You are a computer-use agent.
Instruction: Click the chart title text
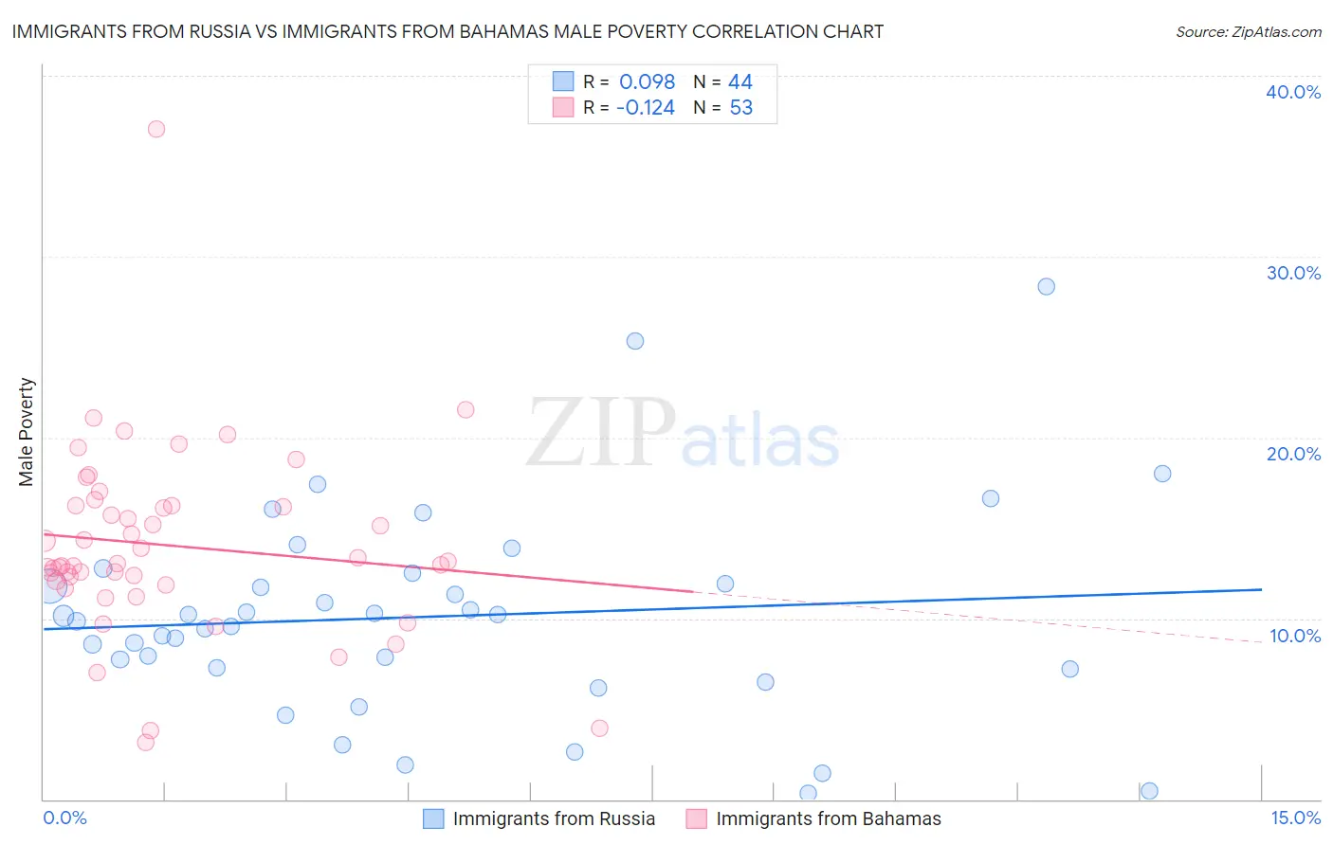click(447, 32)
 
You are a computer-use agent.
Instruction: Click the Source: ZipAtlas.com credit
click(1248, 32)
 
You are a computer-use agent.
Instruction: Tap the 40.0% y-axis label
click(1292, 92)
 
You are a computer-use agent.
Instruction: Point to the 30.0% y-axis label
click(1292, 273)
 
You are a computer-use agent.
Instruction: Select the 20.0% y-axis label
click(1292, 454)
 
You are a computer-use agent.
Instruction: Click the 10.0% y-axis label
click(1294, 636)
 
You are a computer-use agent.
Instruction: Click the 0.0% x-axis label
click(64, 818)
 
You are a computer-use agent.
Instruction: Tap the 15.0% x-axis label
click(1295, 818)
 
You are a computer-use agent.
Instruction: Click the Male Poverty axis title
click(27, 432)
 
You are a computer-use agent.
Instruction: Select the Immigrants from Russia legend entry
click(554, 818)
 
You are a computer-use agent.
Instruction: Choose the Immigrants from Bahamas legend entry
click(828, 818)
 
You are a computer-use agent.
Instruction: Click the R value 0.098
click(647, 82)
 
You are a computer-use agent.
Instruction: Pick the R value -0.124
click(645, 108)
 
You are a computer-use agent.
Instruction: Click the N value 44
click(740, 82)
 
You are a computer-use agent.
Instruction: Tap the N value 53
click(740, 108)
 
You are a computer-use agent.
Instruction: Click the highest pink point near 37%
click(156, 129)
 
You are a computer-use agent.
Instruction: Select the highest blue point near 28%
click(1046, 286)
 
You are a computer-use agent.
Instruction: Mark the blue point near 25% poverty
click(635, 341)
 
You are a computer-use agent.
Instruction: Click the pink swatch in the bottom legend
click(697, 818)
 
